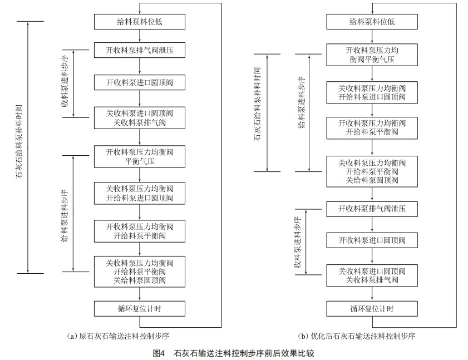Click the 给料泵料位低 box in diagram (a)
[139, 22]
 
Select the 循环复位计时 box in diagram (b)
[372, 308]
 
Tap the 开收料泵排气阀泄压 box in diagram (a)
[139, 50]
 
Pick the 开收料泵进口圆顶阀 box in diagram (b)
[372, 240]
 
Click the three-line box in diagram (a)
[139, 272]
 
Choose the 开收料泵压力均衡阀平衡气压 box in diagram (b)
[372, 55]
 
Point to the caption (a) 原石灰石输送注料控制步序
[118, 336]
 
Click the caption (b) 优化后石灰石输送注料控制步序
[357, 336]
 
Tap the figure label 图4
[159, 353]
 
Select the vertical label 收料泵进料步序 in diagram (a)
[65, 81]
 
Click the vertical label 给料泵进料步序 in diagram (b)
[302, 102]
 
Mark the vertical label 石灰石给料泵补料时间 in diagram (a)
[19, 141]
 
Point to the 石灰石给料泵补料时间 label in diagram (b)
[257, 104]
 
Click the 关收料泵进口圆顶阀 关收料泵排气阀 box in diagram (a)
[139, 118]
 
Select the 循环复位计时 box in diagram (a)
[139, 308]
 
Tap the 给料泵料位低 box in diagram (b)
[372, 22]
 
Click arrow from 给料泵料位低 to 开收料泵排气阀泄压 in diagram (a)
[139, 36]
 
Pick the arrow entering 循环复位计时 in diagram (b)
[372, 294]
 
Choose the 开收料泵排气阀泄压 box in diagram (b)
[372, 209]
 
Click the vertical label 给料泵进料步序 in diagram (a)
[65, 215]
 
